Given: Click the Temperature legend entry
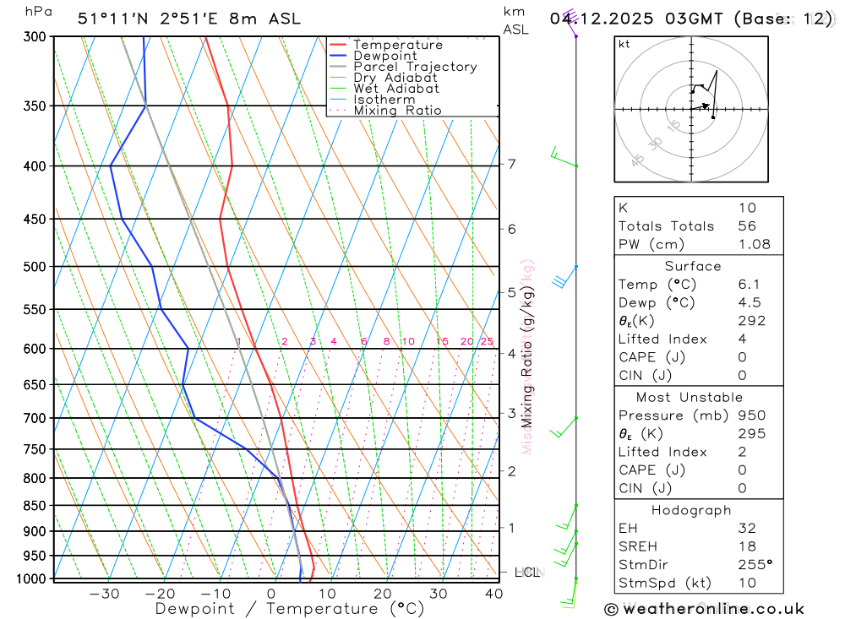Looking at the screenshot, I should coord(397,45).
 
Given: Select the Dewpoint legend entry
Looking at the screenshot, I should coord(384,56).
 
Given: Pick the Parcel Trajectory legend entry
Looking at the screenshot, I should coord(414,67).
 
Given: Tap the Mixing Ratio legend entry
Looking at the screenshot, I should coord(397,111).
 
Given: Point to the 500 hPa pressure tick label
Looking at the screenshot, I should coord(35,267).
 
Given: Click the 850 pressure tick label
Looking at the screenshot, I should coord(35,506).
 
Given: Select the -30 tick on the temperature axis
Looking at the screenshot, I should coord(104,594).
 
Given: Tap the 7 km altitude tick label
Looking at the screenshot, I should coord(512,164).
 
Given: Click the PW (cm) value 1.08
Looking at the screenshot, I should coord(754,244).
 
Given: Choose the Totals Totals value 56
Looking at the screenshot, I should coord(747,225).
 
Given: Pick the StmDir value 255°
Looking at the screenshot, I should coord(754,563).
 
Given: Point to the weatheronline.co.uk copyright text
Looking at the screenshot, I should coord(704,609).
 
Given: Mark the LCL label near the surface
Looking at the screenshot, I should coord(526,573).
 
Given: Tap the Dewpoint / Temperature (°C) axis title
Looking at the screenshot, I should coord(290,609).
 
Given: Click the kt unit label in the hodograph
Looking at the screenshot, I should coord(624,45).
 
